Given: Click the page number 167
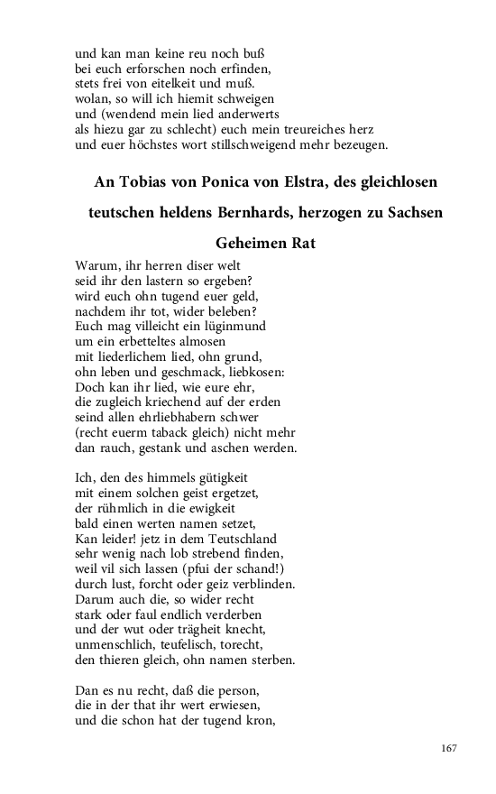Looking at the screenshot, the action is point(451,749).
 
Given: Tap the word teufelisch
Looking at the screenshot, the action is point(195,644).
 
